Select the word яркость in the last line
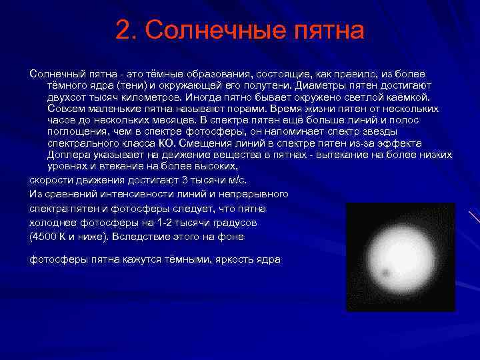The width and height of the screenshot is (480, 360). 237,259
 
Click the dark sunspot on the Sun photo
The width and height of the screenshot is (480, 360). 385,273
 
